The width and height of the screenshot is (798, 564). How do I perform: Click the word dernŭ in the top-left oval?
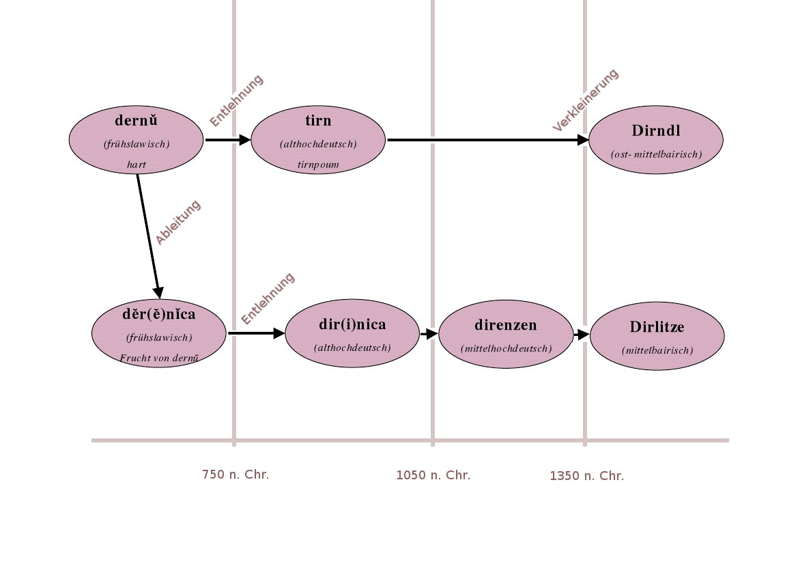[137, 121]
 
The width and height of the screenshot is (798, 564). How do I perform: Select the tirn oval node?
[318, 141]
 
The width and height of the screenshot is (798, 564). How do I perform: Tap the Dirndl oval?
[656, 140]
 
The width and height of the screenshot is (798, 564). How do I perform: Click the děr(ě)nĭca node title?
[158, 315]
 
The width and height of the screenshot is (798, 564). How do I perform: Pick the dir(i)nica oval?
[352, 334]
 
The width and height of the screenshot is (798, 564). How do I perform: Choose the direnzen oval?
[506, 334]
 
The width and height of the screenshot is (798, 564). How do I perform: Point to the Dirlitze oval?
[657, 336]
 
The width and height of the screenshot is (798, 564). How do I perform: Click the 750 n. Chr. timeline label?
[236, 475]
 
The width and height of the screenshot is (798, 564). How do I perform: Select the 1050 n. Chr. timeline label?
[433, 475]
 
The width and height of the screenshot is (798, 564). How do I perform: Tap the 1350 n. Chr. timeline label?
[586, 476]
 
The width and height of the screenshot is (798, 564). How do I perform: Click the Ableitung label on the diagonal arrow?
[178, 223]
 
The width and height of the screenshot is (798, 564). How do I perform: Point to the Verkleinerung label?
[585, 100]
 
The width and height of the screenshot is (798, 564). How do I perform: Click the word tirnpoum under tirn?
[318, 165]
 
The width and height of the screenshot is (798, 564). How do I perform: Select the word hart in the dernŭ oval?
[137, 165]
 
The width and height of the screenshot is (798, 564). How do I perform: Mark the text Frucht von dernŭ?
[158, 358]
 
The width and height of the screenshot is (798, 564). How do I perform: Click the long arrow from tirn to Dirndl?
[485, 140]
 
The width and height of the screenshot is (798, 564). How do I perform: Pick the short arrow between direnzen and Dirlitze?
[581, 335]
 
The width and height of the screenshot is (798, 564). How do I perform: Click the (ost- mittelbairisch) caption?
[656, 154]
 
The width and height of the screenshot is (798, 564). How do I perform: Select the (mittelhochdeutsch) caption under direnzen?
[506, 348]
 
